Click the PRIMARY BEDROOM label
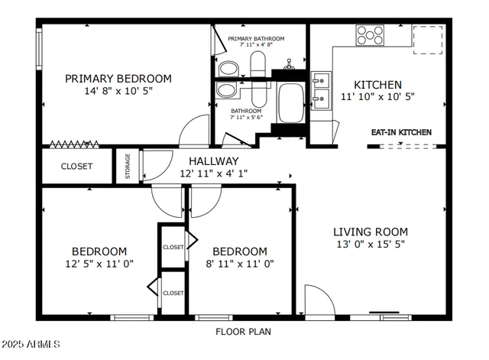(118, 78)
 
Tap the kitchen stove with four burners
(371, 34)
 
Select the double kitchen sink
(320, 88)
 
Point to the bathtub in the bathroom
(291, 103)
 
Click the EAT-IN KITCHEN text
(401, 132)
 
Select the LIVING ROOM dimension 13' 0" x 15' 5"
(371, 245)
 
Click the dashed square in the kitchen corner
(428, 40)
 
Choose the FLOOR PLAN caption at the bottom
(243, 332)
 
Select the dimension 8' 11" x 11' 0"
(239, 264)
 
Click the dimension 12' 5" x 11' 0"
(99, 264)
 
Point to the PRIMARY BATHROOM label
(256, 39)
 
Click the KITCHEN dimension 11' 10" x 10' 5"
(377, 97)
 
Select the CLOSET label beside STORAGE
(76, 166)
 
